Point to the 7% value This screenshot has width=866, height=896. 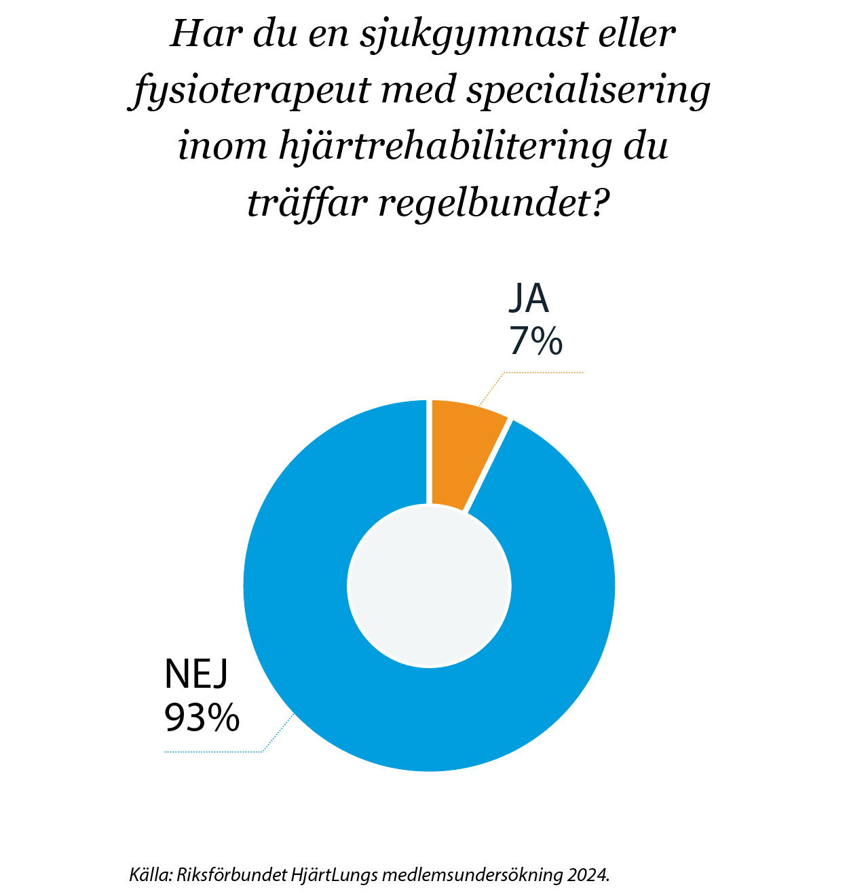[x=535, y=340]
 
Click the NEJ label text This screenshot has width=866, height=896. [x=196, y=674]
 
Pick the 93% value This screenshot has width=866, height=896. [x=202, y=717]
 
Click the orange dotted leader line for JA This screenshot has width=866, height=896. [x=543, y=372]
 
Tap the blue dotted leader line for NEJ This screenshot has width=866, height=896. [x=214, y=752]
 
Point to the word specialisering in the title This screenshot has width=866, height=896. [x=587, y=92]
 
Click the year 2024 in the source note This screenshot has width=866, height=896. [x=588, y=874]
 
